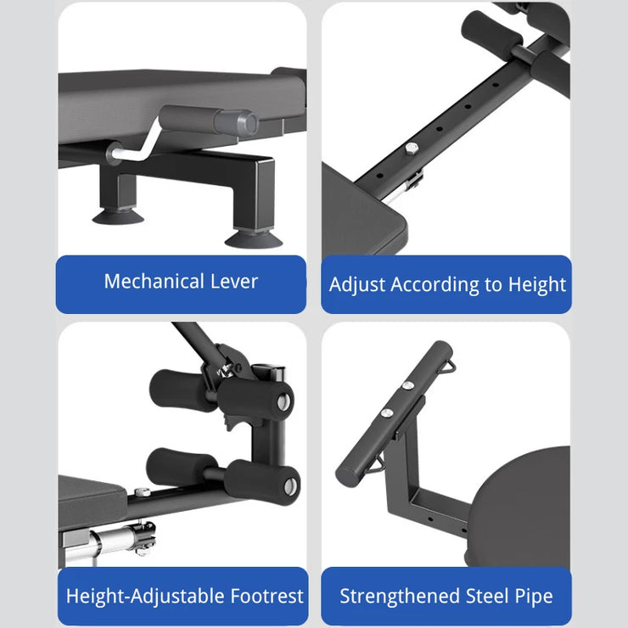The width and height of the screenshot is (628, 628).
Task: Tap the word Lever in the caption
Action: click(234, 281)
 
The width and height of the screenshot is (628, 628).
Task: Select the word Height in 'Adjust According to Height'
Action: click(536, 285)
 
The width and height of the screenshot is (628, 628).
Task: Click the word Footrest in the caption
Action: click(267, 596)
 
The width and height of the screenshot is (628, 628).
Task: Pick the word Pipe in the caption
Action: click(534, 597)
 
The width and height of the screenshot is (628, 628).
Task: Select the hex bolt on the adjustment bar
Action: click(412, 149)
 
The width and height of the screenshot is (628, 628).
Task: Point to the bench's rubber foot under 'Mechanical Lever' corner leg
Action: click(254, 239)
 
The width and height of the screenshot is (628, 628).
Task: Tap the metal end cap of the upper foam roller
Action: click(283, 401)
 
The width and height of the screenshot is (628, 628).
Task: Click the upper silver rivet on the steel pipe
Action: click(407, 385)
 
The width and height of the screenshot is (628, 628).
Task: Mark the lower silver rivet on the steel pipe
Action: click(386, 412)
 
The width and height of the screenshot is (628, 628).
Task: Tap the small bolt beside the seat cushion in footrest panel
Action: click(142, 491)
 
